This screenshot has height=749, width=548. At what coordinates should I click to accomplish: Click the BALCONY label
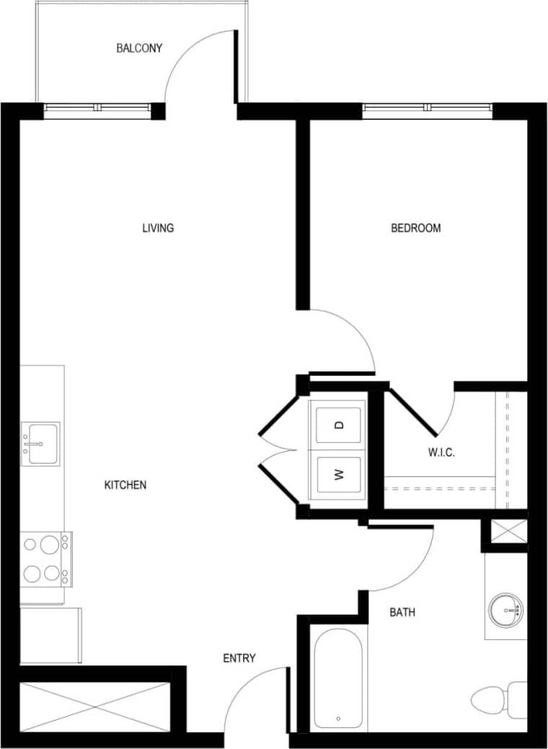pyautogui.click(x=139, y=48)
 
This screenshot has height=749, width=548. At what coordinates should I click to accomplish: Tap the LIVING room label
pyautogui.click(x=158, y=228)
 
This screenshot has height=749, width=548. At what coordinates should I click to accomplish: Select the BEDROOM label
pyautogui.click(x=415, y=228)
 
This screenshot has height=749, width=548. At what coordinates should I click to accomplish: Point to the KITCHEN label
pyautogui.click(x=125, y=485)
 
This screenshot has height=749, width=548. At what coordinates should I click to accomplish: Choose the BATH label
pyautogui.click(x=402, y=613)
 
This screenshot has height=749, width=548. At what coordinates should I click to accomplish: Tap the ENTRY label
pyautogui.click(x=239, y=658)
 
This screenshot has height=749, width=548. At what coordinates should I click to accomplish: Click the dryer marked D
pyautogui.click(x=338, y=424)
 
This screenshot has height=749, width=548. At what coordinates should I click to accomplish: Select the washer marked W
pyautogui.click(x=338, y=474)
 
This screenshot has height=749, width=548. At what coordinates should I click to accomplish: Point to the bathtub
pyautogui.click(x=337, y=678)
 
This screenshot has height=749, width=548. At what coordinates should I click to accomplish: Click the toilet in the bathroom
pyautogui.click(x=498, y=698)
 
